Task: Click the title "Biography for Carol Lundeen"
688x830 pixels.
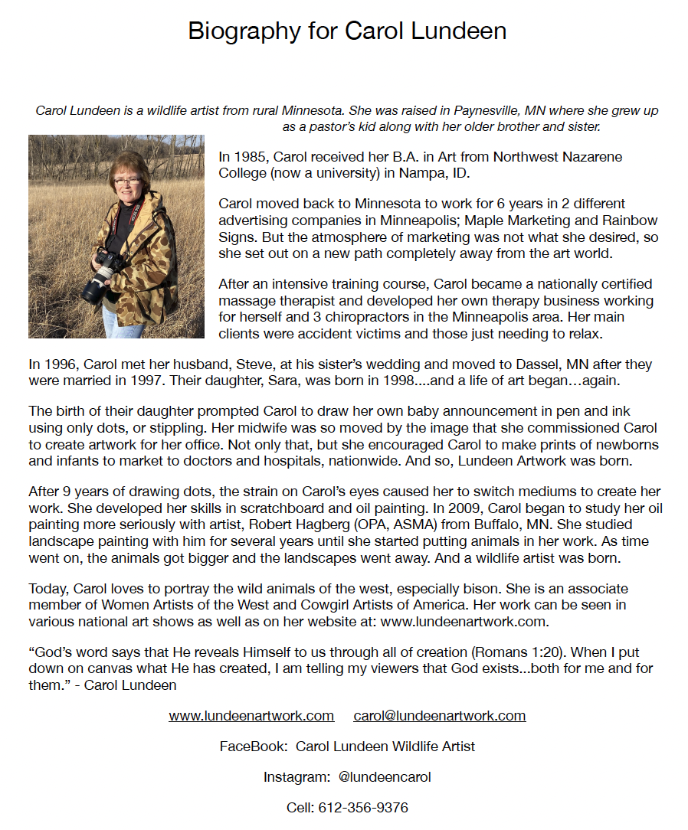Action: click(x=347, y=31)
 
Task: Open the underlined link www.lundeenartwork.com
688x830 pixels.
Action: click(x=251, y=716)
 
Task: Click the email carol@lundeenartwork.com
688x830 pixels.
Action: click(x=439, y=716)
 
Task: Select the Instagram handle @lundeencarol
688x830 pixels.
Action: click(x=385, y=777)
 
